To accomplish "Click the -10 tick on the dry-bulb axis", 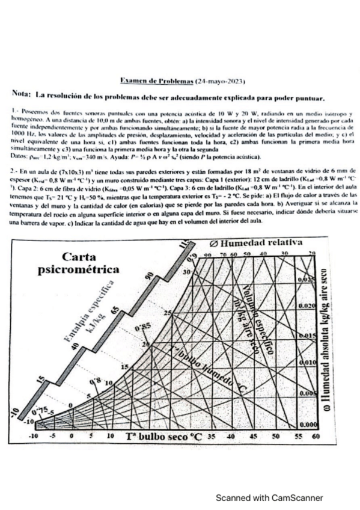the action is pos(34,435).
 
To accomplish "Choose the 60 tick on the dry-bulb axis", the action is pos(314,435).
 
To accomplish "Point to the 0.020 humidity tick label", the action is pos(306,306).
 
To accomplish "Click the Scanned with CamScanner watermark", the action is pos(270,498).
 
